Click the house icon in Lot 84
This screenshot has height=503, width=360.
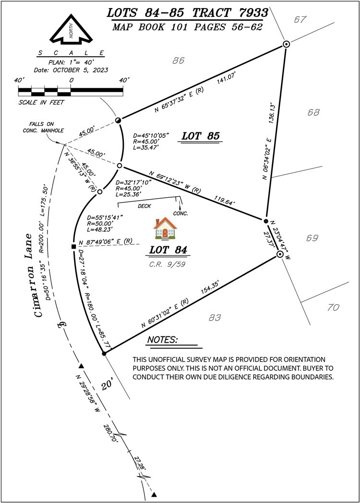(165, 228)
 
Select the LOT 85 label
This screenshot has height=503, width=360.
(201, 136)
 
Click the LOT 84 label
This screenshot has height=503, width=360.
(168, 250)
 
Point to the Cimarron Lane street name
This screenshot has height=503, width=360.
(33, 275)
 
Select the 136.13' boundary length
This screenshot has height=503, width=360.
(272, 113)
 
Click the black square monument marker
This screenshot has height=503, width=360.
(73, 246)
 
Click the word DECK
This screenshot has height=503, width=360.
(144, 206)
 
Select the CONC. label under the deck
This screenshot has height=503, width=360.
(180, 213)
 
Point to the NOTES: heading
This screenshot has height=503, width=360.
(162, 340)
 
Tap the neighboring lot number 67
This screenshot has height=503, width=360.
(300, 20)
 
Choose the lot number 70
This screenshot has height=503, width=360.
(334, 307)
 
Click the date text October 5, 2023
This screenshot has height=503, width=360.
(71, 70)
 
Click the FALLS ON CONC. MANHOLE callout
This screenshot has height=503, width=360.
(43, 127)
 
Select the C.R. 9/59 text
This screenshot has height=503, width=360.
(167, 264)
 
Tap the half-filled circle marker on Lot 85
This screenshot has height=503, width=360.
(119, 120)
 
